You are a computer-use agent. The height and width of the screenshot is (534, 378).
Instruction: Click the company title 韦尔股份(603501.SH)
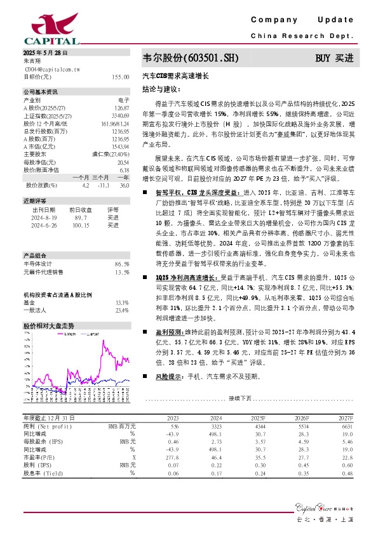(x=191, y=58)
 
